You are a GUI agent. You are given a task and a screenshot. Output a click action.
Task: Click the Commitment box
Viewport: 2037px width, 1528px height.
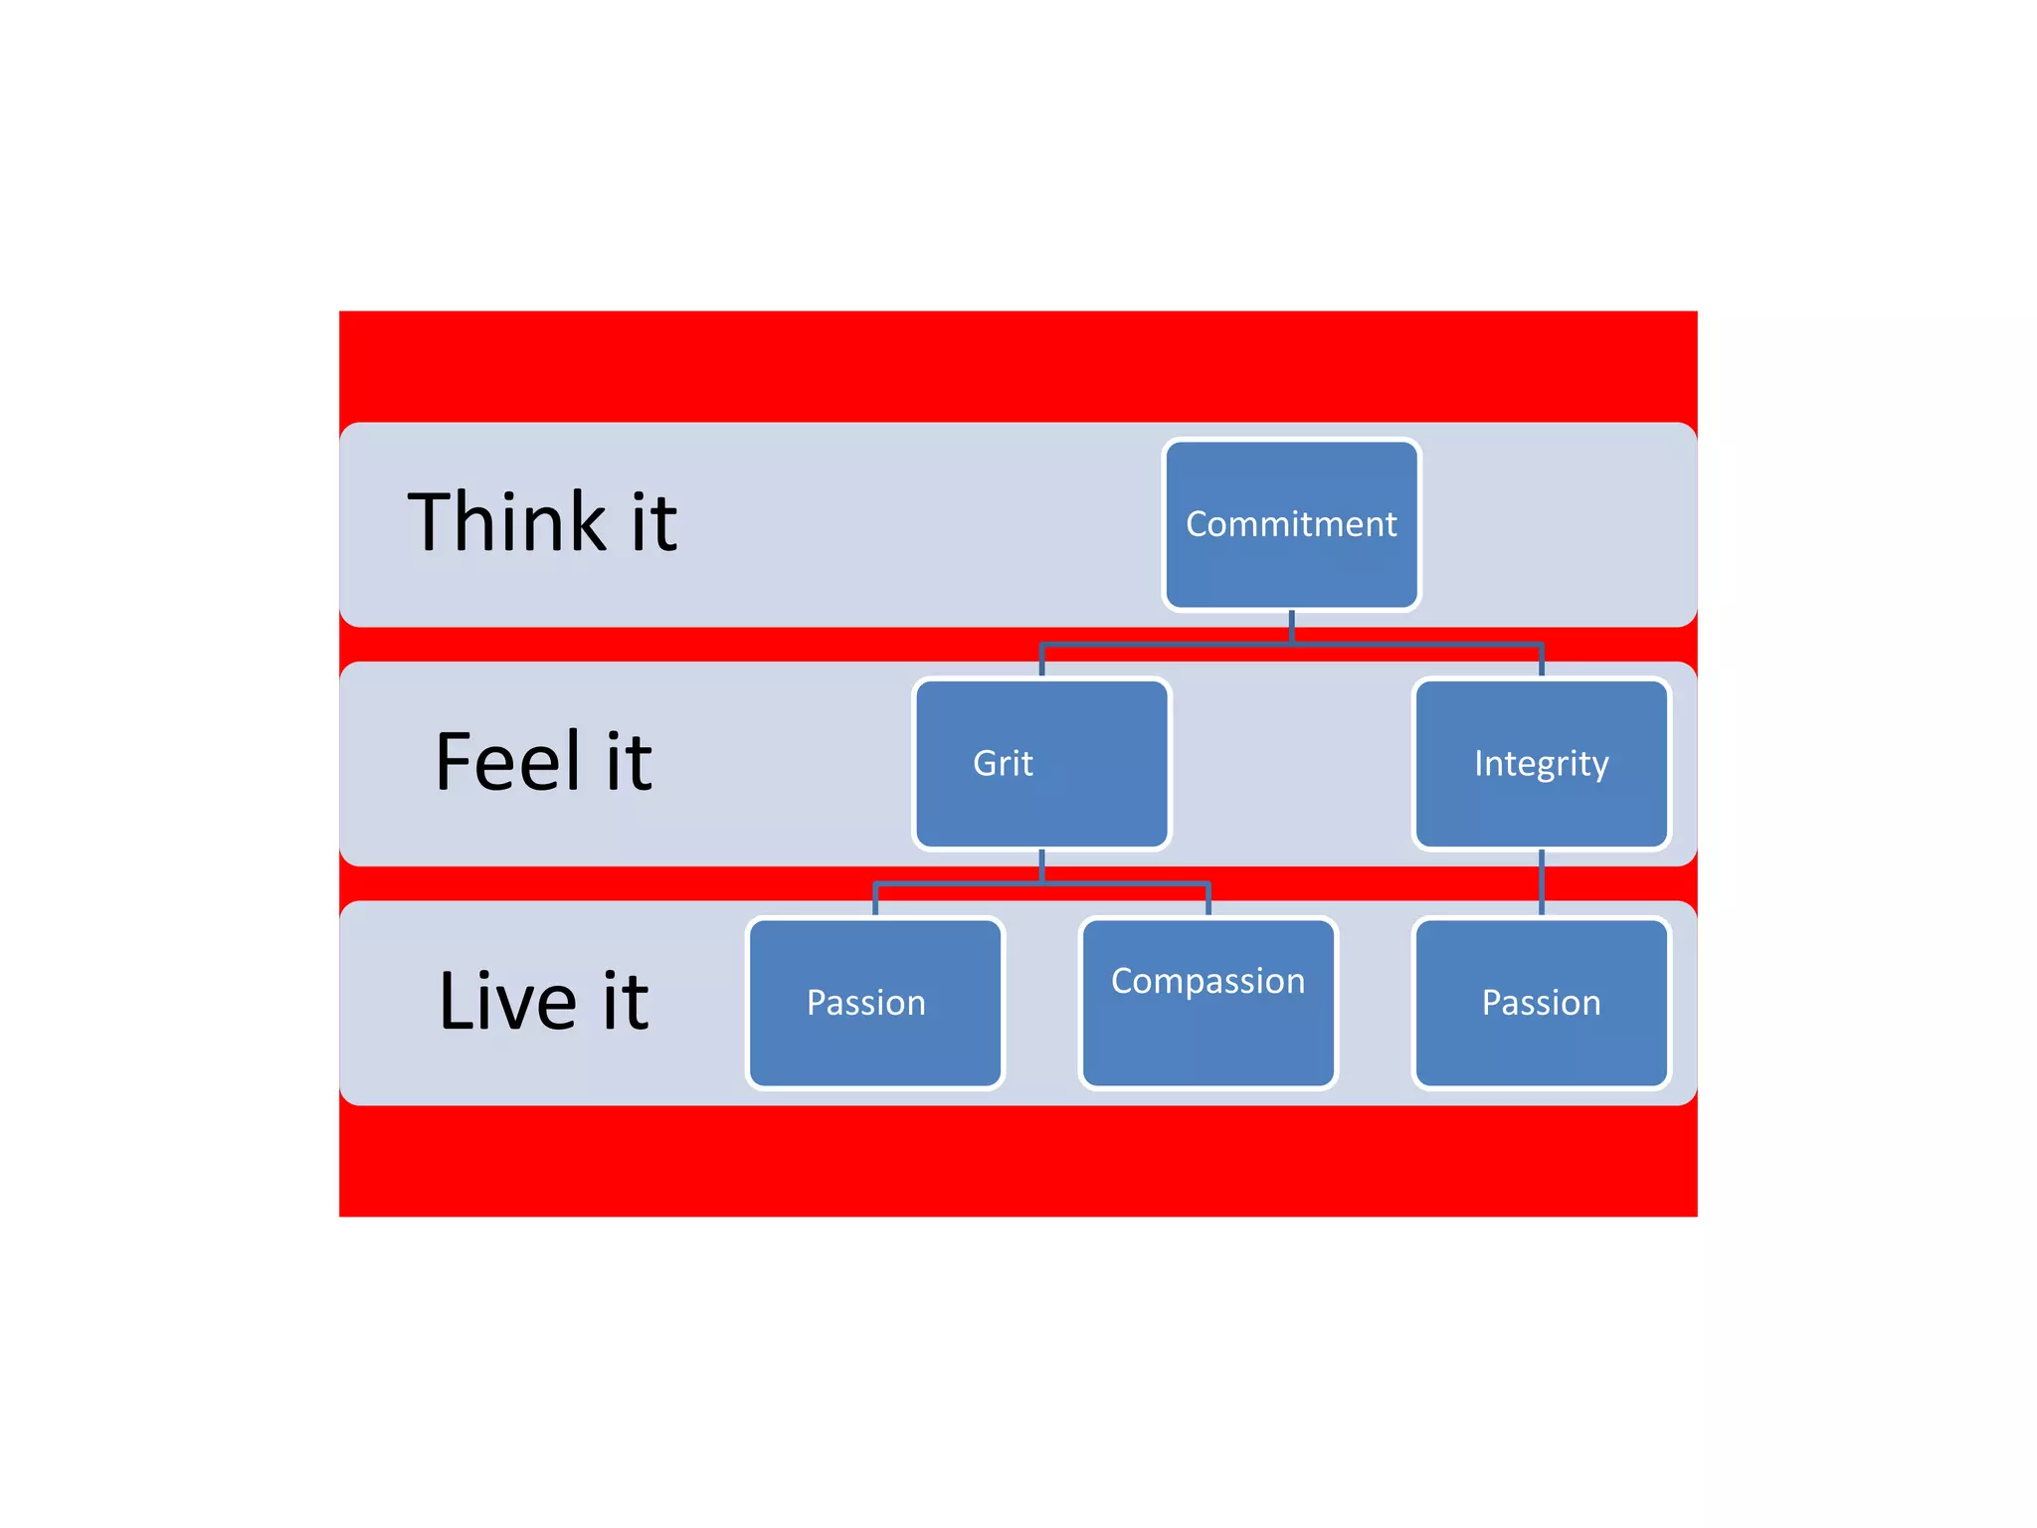pos(1291,524)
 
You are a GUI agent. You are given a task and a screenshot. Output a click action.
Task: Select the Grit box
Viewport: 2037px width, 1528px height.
pos(1041,763)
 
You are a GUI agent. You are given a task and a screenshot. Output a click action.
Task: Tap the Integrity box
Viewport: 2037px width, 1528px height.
pos(1541,763)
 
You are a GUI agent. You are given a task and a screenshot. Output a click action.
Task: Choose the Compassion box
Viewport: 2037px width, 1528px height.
pos(1207,1002)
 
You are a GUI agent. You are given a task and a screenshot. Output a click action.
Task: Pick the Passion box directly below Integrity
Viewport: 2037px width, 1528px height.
pos(1541,1002)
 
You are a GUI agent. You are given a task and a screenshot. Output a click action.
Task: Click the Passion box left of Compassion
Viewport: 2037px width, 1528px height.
pos(874,1002)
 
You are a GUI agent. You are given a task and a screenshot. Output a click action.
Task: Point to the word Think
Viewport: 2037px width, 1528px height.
pos(507,522)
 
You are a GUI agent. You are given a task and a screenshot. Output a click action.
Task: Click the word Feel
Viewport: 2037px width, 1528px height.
pos(507,762)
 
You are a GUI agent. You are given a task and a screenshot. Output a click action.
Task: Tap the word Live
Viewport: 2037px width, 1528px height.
pos(507,1001)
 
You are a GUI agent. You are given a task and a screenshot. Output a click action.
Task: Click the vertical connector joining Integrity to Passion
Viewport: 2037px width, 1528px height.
pos(1541,882)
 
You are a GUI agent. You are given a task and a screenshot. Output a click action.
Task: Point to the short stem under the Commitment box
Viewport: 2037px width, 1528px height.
pos(1291,627)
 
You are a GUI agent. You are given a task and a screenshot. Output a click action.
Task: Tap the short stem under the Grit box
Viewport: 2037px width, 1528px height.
pos(1041,865)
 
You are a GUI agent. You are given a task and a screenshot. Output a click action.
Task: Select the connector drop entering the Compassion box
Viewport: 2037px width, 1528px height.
pos(1207,899)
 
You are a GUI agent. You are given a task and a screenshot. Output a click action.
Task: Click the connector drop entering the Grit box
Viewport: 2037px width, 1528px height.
pos(1041,661)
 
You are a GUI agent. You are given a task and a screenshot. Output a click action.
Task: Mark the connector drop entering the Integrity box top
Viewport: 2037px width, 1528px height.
pos(1541,661)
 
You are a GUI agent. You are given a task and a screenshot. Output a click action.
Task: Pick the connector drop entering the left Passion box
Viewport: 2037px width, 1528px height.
pos(874,899)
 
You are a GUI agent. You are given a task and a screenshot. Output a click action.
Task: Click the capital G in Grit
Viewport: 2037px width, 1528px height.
pos(984,763)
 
